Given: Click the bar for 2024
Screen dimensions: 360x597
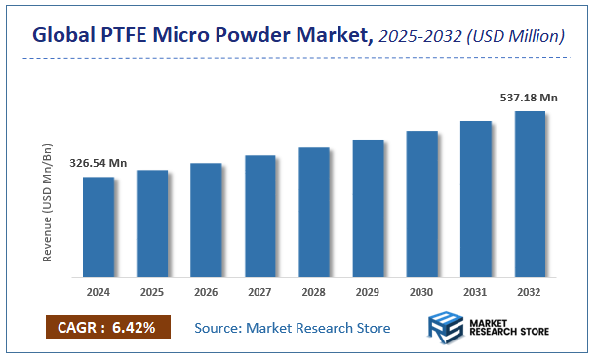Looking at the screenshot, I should [x=98, y=225].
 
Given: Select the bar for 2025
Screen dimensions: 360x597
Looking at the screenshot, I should [x=152, y=222].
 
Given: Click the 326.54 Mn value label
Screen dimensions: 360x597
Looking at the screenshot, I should [x=99, y=164].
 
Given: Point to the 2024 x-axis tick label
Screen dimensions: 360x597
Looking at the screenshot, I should [x=98, y=291].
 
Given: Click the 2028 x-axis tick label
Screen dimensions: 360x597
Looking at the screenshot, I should [x=314, y=291].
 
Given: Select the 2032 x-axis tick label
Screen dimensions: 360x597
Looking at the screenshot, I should [x=530, y=291].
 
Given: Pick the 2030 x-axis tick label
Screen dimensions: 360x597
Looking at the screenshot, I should [x=421, y=291].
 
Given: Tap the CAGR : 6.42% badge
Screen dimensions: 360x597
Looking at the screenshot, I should [x=107, y=328].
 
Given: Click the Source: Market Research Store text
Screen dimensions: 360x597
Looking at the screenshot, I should [x=293, y=328].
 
